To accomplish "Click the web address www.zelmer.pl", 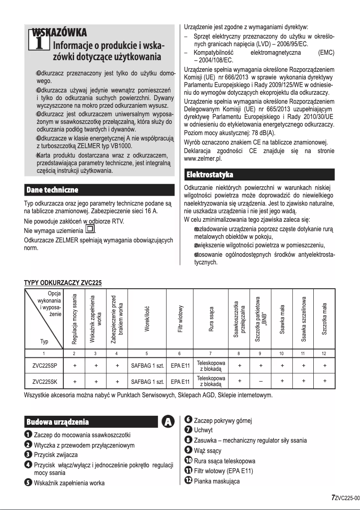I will pos(203,158).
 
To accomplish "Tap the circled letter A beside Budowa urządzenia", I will pos(168,422).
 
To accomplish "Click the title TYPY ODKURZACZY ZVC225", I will pos(63,283).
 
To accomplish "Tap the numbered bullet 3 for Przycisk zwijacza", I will pos(28,454).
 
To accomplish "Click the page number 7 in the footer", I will pos(333,497).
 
